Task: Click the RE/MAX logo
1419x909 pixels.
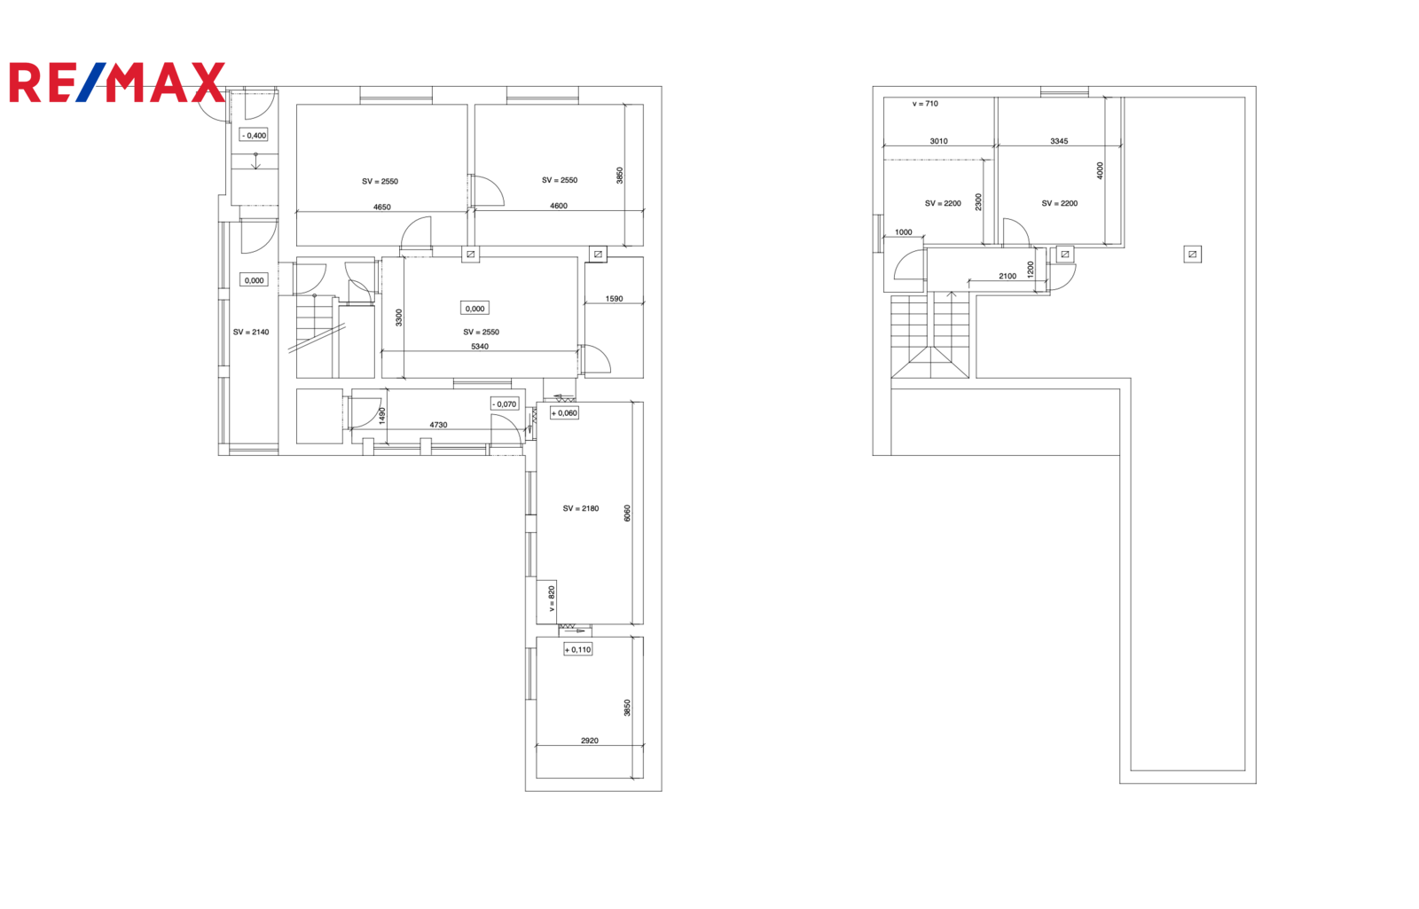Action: (x=117, y=82)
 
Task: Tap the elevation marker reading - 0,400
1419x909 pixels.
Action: (x=254, y=135)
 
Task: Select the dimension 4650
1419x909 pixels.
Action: (x=382, y=208)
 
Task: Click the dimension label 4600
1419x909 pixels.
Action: (x=559, y=206)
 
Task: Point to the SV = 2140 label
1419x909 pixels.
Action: (x=251, y=332)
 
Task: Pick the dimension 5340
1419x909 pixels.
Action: (x=480, y=347)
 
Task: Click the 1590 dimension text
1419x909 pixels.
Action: (x=614, y=299)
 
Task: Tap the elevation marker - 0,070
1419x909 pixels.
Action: (x=505, y=404)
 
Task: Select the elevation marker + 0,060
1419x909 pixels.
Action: (x=564, y=413)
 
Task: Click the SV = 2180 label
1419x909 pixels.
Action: (x=580, y=508)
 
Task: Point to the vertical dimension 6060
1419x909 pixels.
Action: (x=627, y=513)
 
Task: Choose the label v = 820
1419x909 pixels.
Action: (x=551, y=598)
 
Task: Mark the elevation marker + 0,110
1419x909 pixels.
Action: (x=577, y=649)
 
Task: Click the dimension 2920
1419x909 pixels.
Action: (x=589, y=741)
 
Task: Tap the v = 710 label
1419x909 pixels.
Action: (x=925, y=104)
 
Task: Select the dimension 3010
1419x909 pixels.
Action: (x=939, y=141)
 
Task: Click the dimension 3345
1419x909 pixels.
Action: (x=1059, y=141)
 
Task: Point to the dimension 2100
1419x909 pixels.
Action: (x=1007, y=276)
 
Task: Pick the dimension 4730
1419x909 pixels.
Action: (x=438, y=425)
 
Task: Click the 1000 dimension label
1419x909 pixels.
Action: (x=904, y=232)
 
